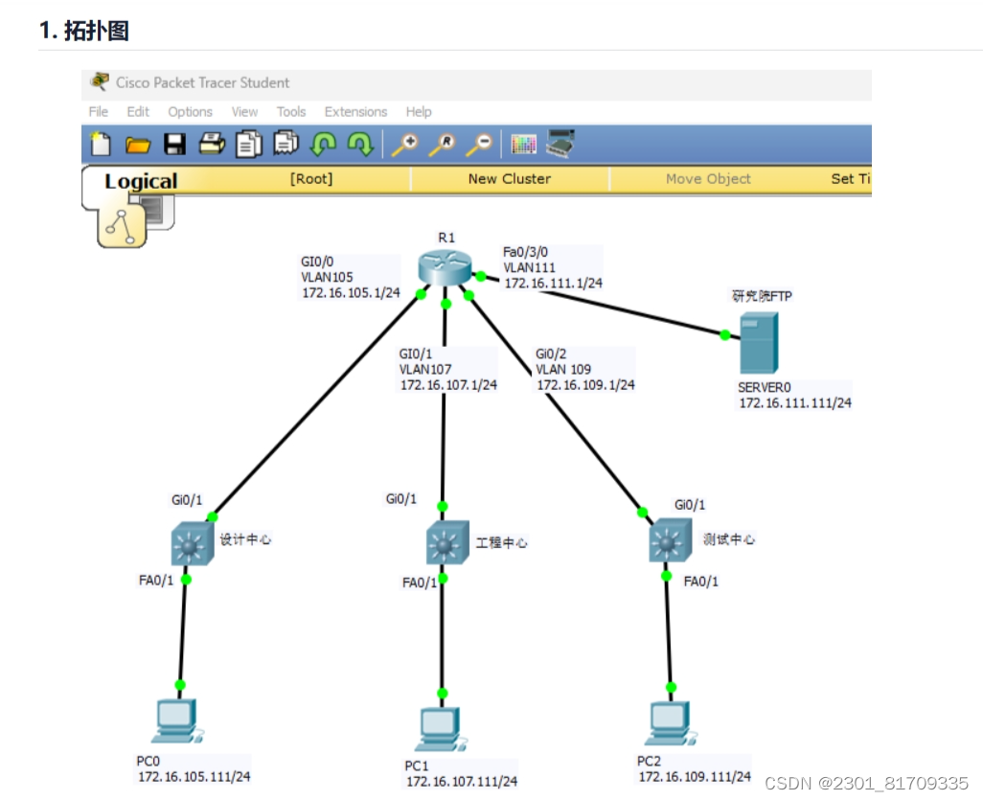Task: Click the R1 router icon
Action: pyautogui.click(x=446, y=268)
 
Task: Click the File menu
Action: pyautogui.click(x=99, y=112)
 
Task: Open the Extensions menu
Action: pyautogui.click(x=355, y=112)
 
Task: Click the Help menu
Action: pyautogui.click(x=419, y=112)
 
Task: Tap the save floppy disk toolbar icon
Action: pyautogui.click(x=174, y=145)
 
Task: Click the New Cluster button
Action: pyautogui.click(x=509, y=179)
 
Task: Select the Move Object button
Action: pyautogui.click(x=708, y=179)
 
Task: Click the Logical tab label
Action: pyautogui.click(x=141, y=181)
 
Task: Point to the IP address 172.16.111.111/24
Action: pyautogui.click(x=794, y=403)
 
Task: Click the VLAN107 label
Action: pyautogui.click(x=425, y=369)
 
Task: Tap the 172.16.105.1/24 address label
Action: pyautogui.click(x=350, y=292)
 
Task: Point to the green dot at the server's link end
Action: pyautogui.click(x=724, y=334)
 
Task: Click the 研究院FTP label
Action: pyautogui.click(x=762, y=297)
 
